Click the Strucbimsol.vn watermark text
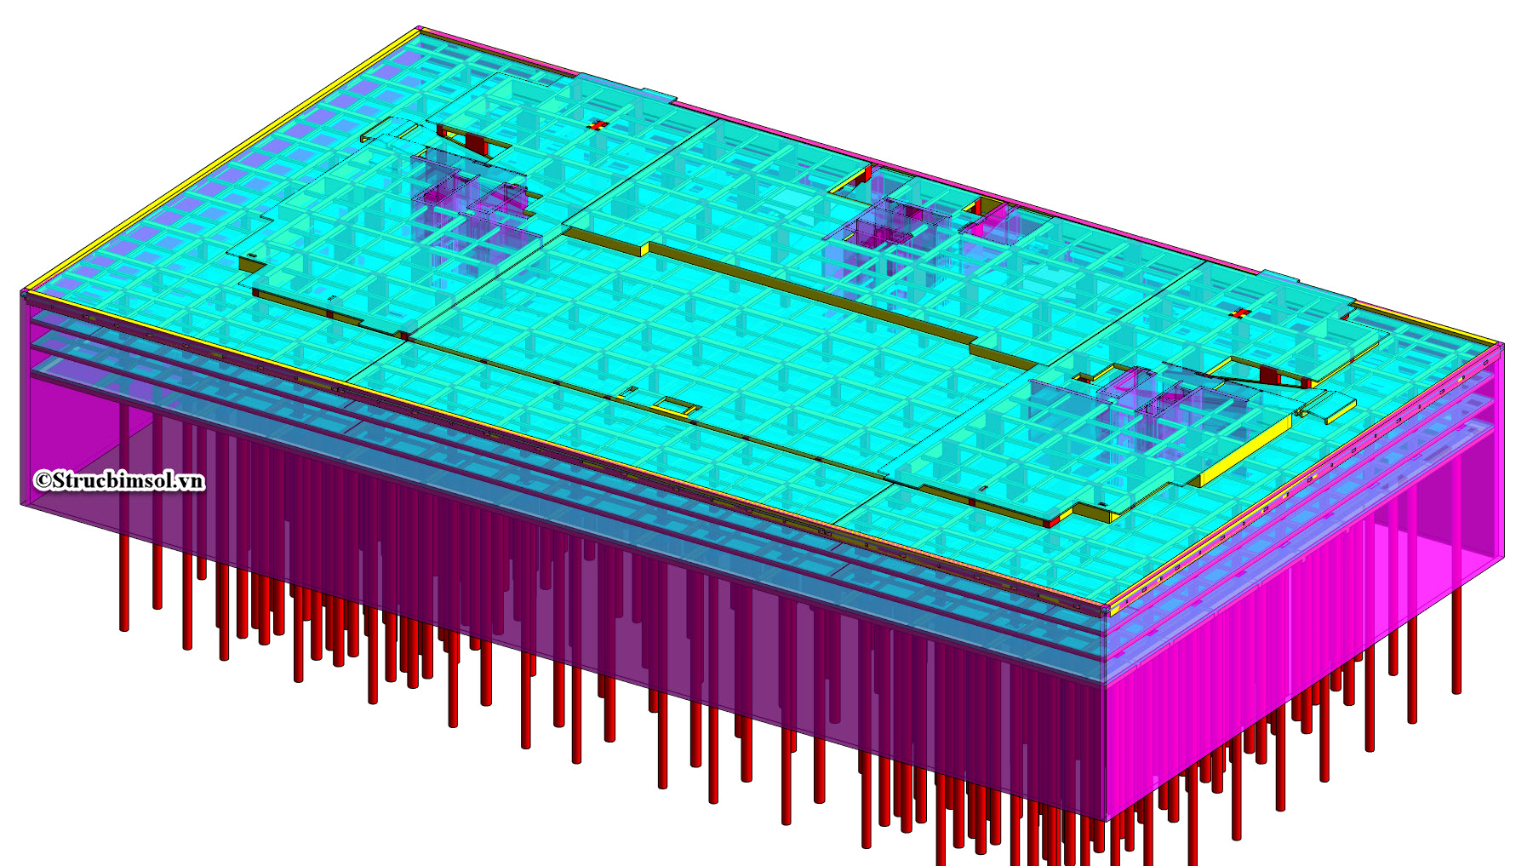[128, 481]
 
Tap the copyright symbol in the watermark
[43, 481]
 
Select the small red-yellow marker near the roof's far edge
[598, 125]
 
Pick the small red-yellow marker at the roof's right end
[1240, 313]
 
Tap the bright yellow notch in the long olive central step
[644, 249]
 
